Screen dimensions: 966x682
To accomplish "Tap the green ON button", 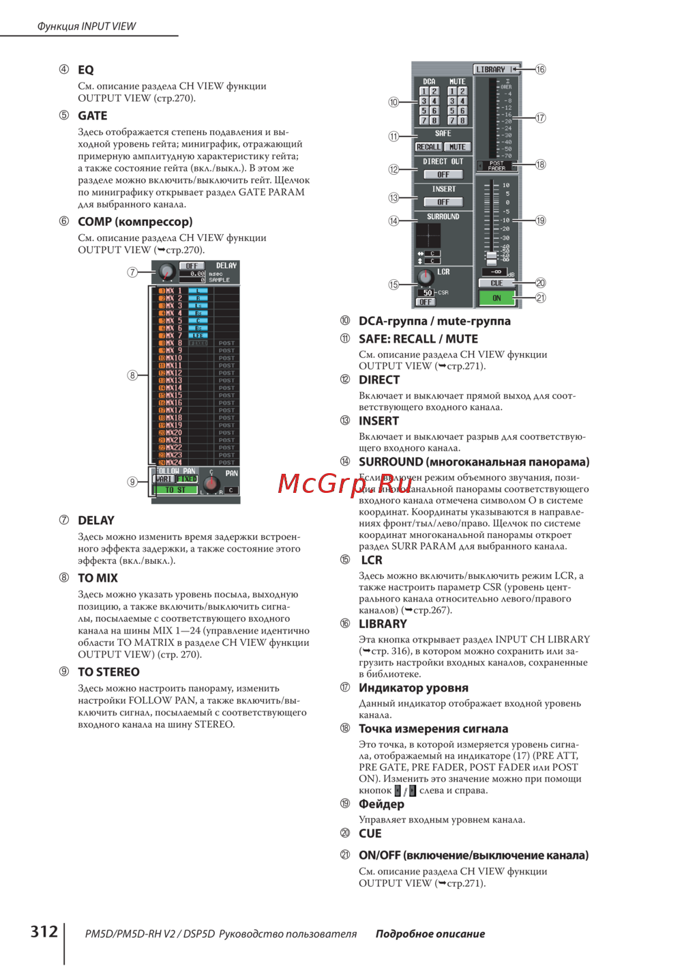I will [x=496, y=298].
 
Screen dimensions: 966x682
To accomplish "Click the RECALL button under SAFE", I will [x=428, y=147].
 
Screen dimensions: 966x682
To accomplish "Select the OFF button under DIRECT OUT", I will [x=443, y=175].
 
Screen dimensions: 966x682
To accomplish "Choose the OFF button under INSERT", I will [x=443, y=202].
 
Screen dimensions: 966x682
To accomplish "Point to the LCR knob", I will [x=426, y=276].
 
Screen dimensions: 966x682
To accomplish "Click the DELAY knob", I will [x=166, y=272].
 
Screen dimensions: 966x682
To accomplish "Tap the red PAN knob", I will [x=211, y=483].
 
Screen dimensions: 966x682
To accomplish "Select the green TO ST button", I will [x=175, y=489].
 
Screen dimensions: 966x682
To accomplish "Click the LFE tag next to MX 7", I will [x=198, y=335].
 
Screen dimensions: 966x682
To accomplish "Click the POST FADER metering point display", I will [x=496, y=165].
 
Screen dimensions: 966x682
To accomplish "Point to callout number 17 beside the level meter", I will [x=540, y=118].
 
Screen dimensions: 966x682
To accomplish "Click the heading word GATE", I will [x=92, y=116].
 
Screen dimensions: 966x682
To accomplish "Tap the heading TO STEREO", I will [x=108, y=672].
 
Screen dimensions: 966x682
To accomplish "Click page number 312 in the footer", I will [x=44, y=932].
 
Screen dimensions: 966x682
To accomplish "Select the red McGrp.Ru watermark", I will [x=344, y=483].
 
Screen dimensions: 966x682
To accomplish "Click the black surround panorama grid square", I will [x=428, y=236].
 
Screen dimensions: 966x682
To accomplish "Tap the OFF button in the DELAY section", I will [x=192, y=266].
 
